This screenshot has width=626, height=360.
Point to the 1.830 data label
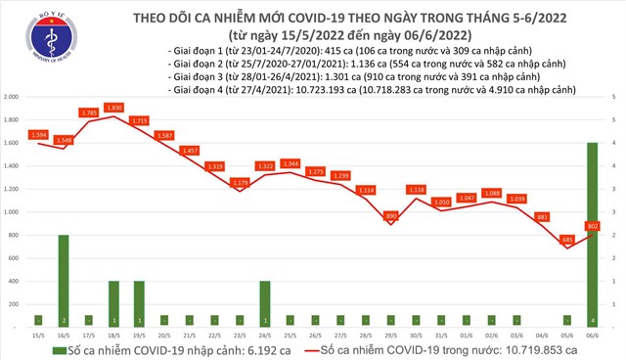tap(114, 108)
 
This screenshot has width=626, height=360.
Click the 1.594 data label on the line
tap(38, 134)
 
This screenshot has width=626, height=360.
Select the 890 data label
tap(390, 215)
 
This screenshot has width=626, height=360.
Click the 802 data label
tap(593, 225)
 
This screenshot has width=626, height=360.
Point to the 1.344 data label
tap(290, 163)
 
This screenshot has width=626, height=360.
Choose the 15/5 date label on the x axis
tap(38, 333)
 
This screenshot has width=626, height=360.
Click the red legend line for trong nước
tap(316, 348)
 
